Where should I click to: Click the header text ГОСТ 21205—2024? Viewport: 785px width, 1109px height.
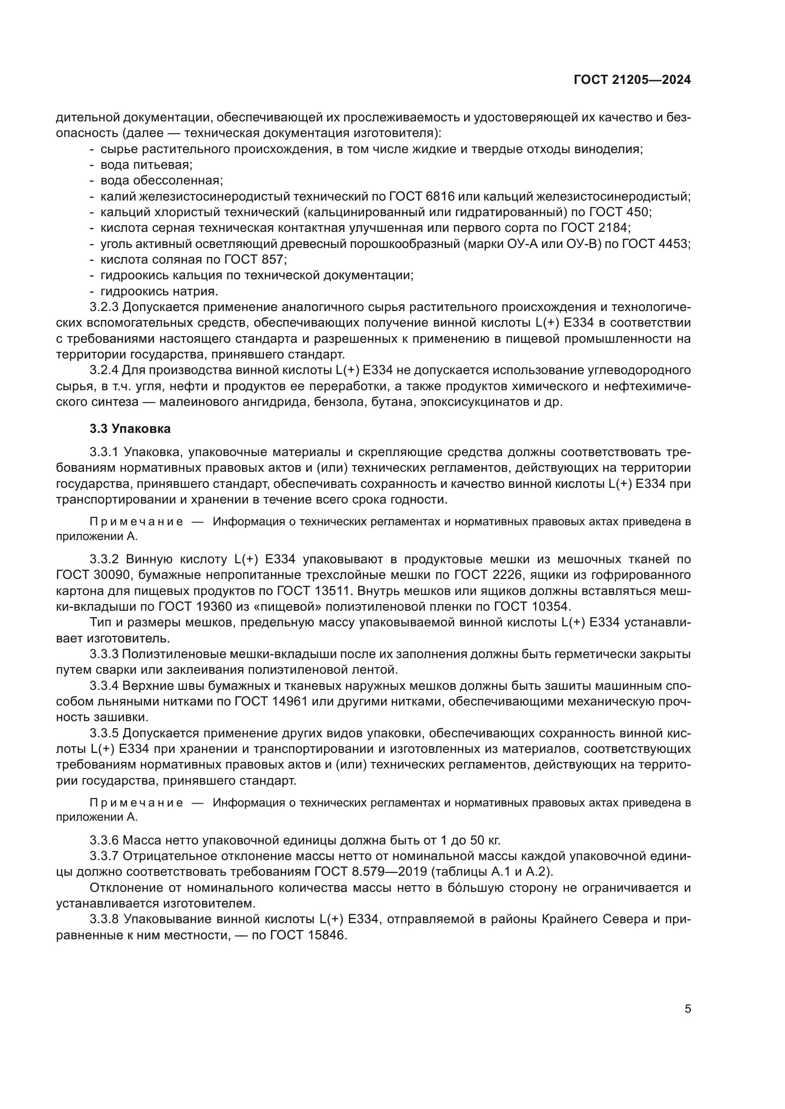(x=632, y=80)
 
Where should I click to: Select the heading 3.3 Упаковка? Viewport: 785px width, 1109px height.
(x=130, y=429)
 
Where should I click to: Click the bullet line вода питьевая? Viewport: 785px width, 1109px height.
(x=146, y=165)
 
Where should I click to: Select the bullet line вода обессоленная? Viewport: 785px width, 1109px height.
(x=161, y=181)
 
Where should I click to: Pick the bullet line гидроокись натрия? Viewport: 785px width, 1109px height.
(x=159, y=291)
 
